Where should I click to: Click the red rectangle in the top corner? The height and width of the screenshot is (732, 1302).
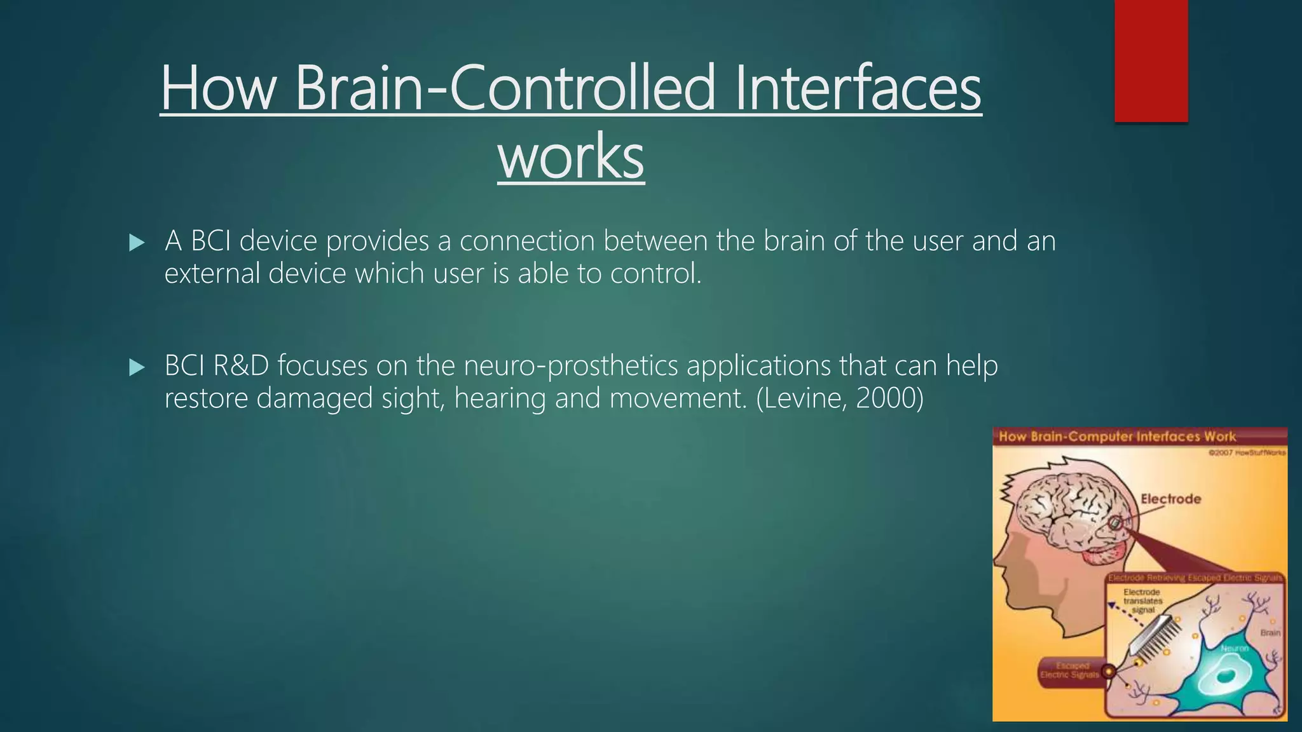(1151, 60)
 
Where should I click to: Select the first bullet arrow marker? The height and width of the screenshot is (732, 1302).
(136, 243)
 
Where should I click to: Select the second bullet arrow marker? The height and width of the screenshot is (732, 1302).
(136, 367)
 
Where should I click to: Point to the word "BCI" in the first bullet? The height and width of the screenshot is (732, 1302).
(210, 241)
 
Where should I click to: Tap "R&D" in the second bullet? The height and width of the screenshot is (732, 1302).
(241, 366)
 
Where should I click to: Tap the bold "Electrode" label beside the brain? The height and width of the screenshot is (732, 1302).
(1170, 499)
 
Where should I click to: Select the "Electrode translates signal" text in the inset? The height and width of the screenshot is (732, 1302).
(1142, 600)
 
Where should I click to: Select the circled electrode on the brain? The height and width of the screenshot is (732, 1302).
(1115, 524)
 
